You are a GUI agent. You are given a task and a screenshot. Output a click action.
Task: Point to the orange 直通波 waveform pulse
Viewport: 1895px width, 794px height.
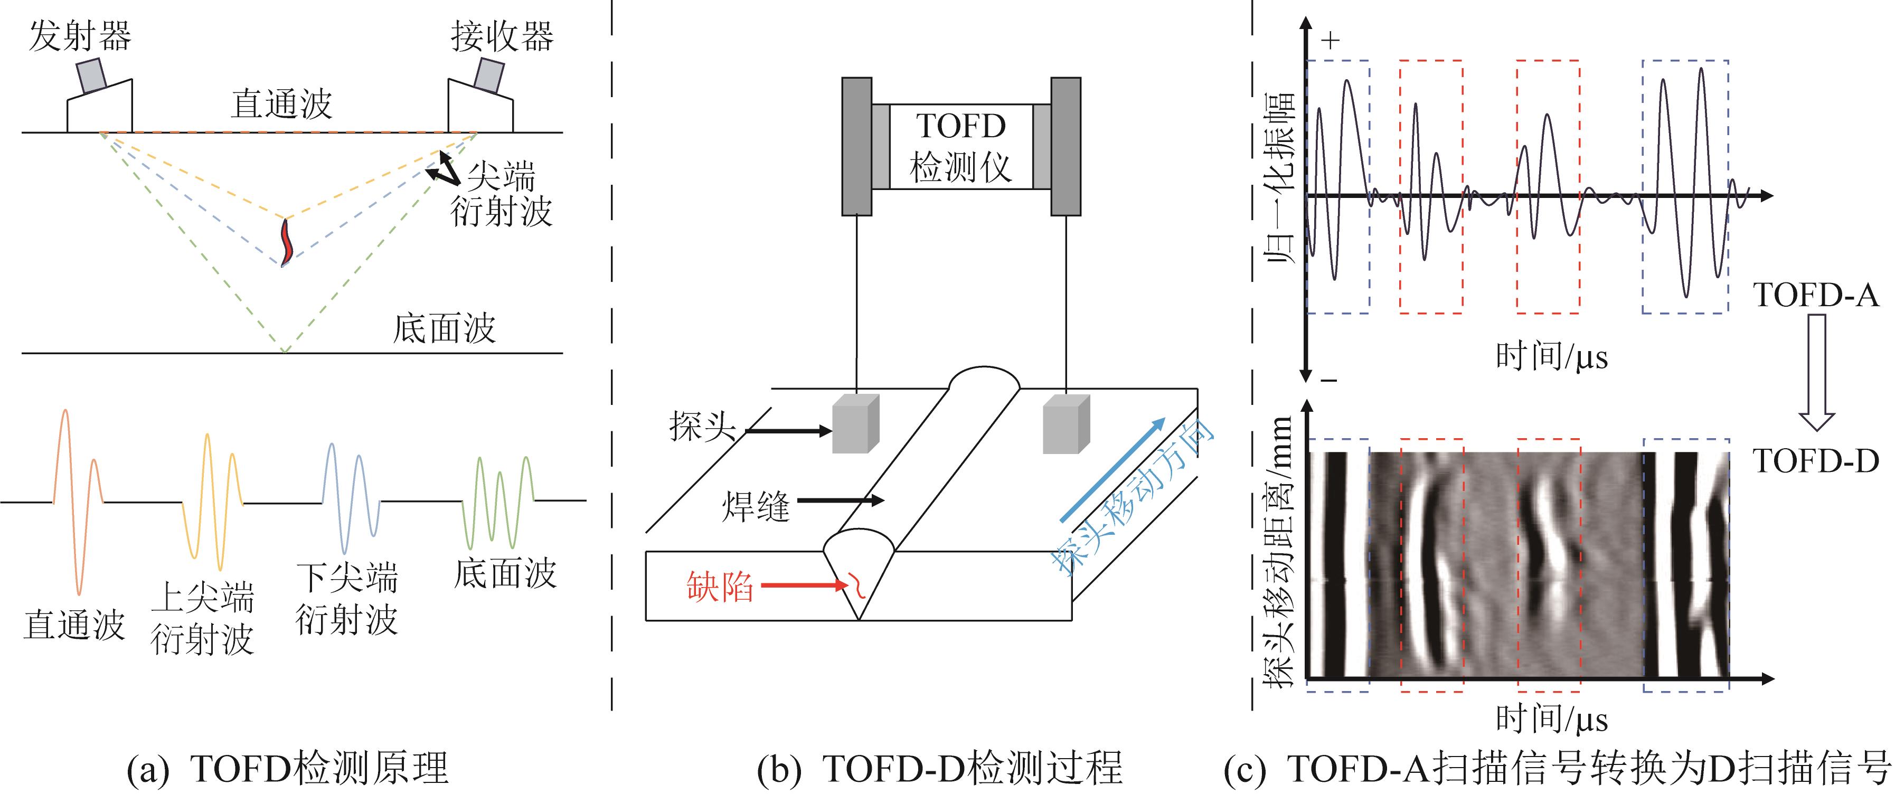coord(77,500)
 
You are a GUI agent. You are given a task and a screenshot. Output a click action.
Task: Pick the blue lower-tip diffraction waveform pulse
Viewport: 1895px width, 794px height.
coord(350,500)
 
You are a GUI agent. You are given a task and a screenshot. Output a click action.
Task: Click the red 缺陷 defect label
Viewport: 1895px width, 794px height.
coord(720,587)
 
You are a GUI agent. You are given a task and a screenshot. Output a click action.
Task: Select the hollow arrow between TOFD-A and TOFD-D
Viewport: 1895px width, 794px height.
coord(1817,372)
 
